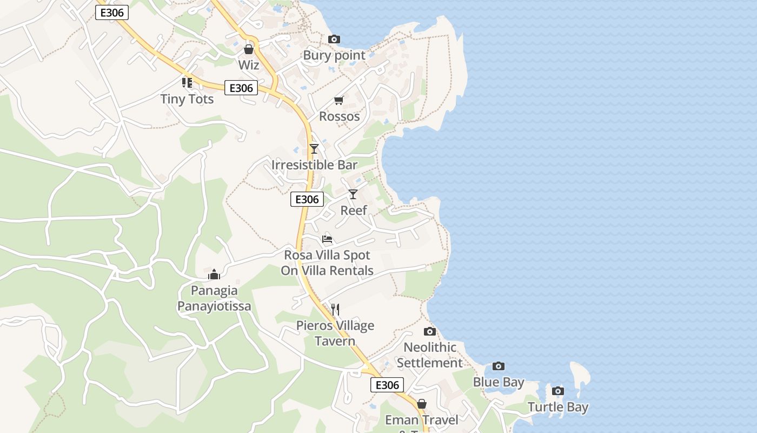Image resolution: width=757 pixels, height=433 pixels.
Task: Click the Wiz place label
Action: click(x=249, y=65)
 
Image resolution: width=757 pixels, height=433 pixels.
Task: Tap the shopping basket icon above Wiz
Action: click(x=249, y=49)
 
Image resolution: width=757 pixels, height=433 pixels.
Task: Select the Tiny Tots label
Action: click(x=187, y=99)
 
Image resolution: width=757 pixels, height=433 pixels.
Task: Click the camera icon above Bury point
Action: click(x=334, y=39)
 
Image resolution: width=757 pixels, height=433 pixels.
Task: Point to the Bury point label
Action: click(x=334, y=55)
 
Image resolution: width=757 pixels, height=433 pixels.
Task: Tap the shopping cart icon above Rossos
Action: click(x=339, y=100)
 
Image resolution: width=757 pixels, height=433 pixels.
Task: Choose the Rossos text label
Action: click(x=339, y=116)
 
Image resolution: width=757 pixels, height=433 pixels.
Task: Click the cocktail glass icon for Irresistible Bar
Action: click(x=314, y=148)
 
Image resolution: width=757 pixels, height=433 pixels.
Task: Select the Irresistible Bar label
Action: click(x=314, y=165)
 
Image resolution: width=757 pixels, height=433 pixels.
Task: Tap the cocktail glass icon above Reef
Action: click(x=353, y=194)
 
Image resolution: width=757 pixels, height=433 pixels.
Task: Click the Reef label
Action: click(x=354, y=210)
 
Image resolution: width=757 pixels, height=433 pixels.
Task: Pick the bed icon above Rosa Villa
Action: click(x=327, y=239)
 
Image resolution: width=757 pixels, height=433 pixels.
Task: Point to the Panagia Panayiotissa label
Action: click(x=214, y=298)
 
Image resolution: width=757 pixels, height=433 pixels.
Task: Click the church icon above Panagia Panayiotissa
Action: click(x=214, y=274)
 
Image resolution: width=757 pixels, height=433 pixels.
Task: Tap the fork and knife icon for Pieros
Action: click(x=335, y=310)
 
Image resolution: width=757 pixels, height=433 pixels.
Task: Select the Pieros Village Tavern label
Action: click(x=335, y=333)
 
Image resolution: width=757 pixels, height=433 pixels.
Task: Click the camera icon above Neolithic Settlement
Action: click(x=430, y=331)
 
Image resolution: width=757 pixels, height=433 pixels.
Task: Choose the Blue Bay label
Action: click(x=499, y=382)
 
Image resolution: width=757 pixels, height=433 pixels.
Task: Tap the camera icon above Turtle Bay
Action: click(x=558, y=391)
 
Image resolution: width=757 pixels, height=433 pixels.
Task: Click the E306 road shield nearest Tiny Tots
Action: click(x=241, y=88)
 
